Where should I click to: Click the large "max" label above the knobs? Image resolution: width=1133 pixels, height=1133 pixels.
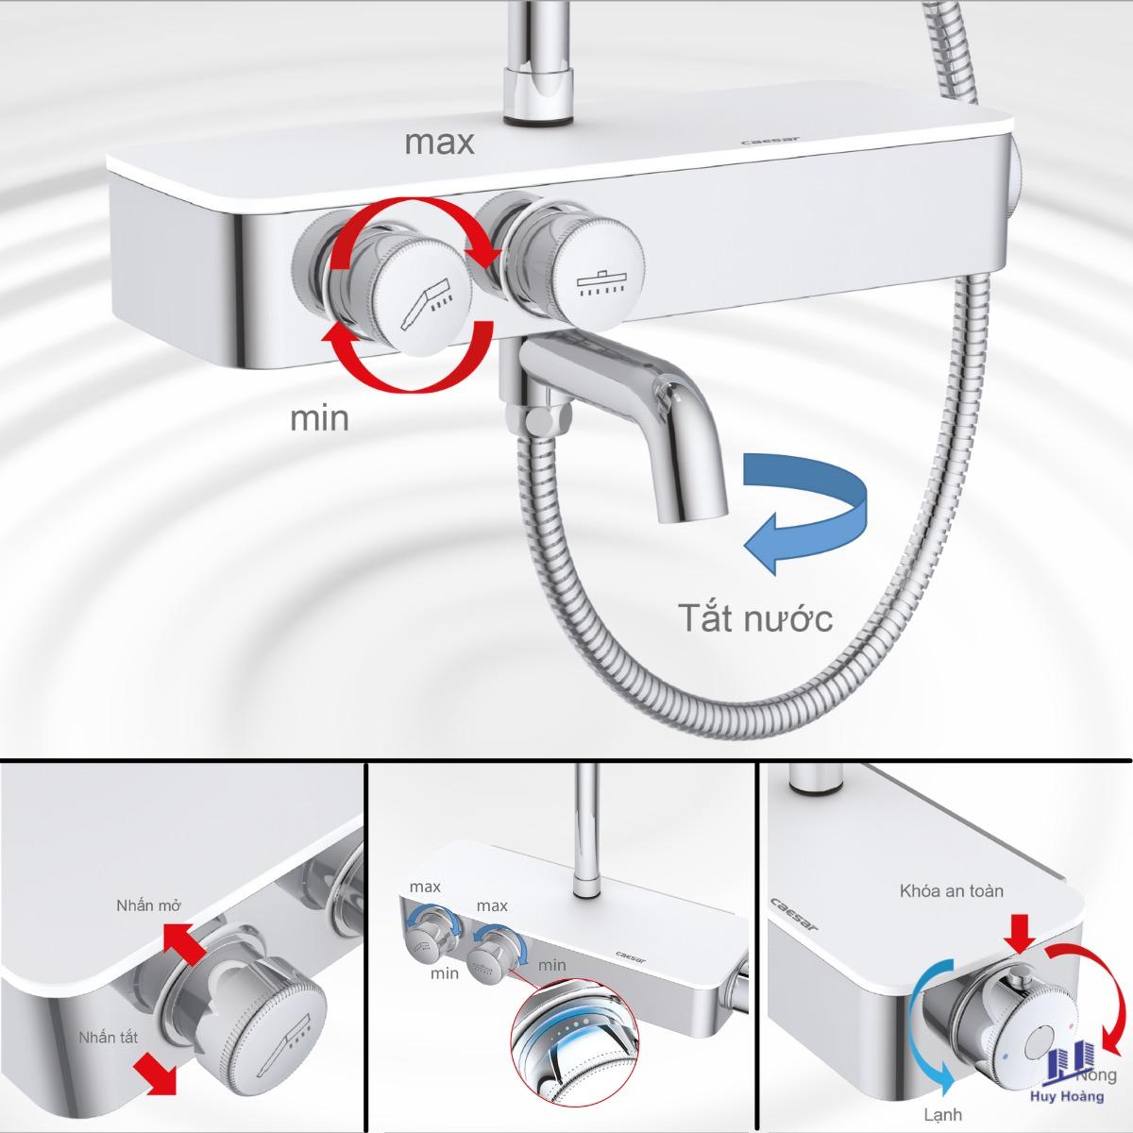[x=439, y=143]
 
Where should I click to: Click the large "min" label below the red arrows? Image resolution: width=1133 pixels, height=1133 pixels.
[x=319, y=418]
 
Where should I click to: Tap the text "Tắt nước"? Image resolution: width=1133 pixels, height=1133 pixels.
[x=755, y=617]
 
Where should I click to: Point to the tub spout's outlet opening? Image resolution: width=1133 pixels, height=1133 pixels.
[x=691, y=517]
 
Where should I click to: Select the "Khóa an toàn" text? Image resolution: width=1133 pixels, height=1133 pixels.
[x=952, y=890]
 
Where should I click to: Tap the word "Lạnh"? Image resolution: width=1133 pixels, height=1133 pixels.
[x=942, y=1113]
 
